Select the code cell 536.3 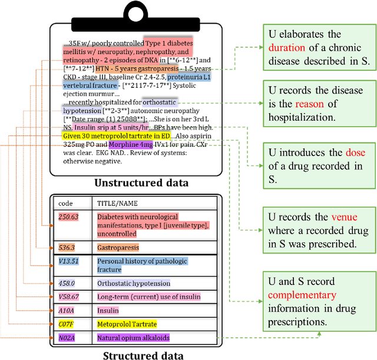67,247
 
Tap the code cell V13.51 69,261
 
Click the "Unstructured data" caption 141,182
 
